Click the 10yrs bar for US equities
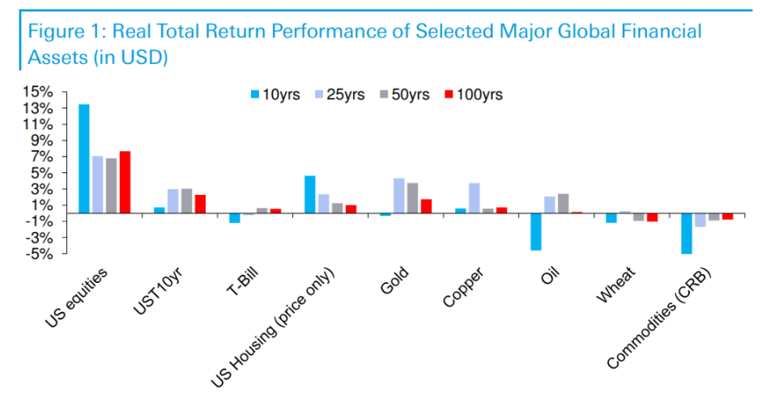coord(83,158)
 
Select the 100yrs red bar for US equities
coord(125,182)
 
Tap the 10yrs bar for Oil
coord(535,231)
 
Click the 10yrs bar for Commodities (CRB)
coord(687,233)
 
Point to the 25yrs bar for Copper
coord(474,198)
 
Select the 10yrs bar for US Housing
coord(309,194)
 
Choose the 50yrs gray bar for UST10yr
coord(186,200)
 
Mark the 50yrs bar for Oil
coord(563,203)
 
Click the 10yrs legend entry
coord(274,95)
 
